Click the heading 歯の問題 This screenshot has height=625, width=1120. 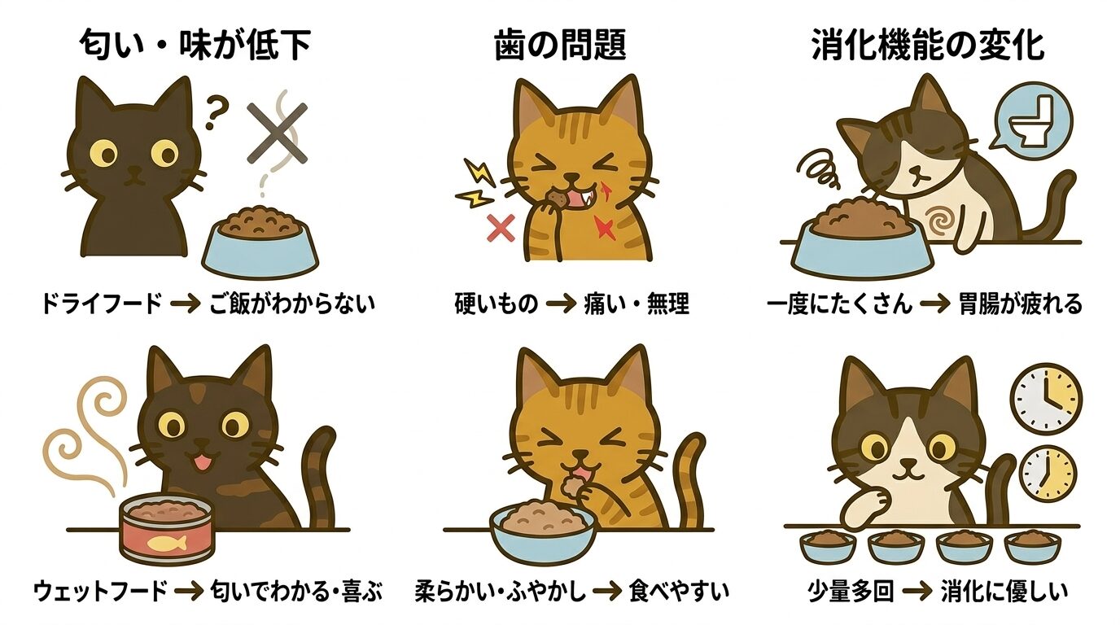(x=560, y=46)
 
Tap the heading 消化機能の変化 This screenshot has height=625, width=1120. (x=928, y=46)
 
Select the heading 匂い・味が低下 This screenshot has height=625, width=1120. (x=195, y=46)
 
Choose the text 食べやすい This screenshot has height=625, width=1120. (x=679, y=590)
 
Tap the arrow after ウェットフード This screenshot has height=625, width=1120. (x=189, y=590)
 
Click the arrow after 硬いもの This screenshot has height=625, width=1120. (x=561, y=304)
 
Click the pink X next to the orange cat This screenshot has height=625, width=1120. (x=500, y=229)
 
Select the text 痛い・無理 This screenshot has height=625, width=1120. (x=637, y=304)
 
